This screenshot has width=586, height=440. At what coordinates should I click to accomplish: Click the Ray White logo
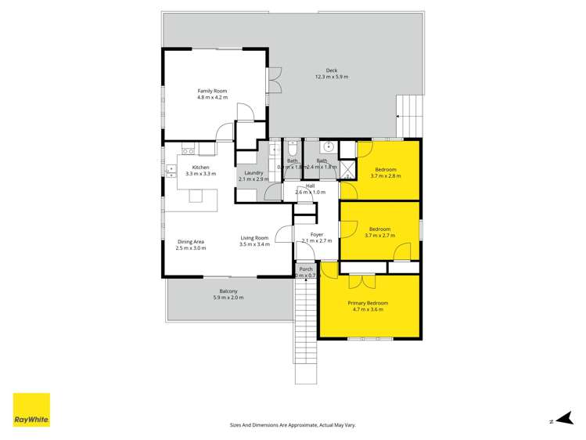pyautogui.click(x=31, y=410)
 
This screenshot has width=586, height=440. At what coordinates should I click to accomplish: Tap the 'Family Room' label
pyautogui.click(x=212, y=91)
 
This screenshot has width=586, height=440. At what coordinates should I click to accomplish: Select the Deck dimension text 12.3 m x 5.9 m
pyautogui.click(x=332, y=77)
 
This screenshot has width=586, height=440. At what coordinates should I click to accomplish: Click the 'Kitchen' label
pyautogui.click(x=201, y=168)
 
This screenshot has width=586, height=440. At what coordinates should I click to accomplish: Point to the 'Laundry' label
pyautogui.click(x=253, y=173)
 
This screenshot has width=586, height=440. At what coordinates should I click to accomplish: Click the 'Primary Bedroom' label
pyautogui.click(x=368, y=303)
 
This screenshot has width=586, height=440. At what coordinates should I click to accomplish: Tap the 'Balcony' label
pyautogui.click(x=228, y=291)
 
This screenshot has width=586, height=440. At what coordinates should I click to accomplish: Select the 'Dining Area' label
pyautogui.click(x=191, y=241)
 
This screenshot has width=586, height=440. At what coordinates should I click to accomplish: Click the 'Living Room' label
pyautogui.click(x=254, y=238)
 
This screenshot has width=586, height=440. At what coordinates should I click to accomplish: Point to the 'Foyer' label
pyautogui.click(x=317, y=235)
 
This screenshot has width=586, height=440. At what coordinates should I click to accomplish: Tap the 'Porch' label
pyautogui.click(x=306, y=269)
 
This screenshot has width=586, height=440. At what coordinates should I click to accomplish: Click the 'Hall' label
pyautogui.click(x=311, y=186)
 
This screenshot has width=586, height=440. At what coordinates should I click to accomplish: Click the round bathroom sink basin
pyautogui.click(x=329, y=146)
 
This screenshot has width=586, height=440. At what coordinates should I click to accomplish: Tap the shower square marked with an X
pyautogui.click(x=347, y=168)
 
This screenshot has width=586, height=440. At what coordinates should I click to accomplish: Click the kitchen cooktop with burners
pyautogui.click(x=188, y=150)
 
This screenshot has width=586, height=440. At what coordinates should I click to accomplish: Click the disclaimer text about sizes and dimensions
pyautogui.click(x=293, y=425)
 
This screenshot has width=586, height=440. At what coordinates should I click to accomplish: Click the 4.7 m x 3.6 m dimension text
pyautogui.click(x=368, y=310)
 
